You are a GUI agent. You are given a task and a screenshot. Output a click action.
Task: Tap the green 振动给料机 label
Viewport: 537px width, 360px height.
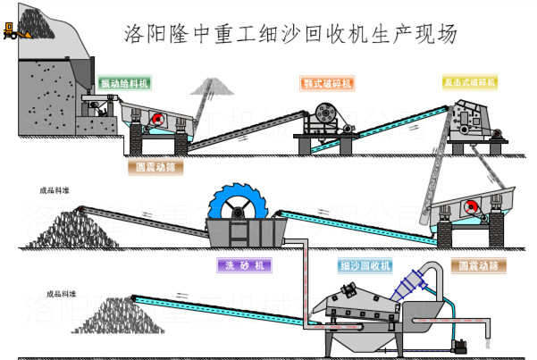point(124,82)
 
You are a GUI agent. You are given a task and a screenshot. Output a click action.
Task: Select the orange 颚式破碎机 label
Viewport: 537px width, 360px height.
point(327,82)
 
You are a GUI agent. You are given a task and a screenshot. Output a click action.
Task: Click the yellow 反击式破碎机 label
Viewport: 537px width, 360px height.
point(470,81)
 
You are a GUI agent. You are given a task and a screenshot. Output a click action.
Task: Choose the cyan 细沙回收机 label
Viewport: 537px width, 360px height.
point(365,265)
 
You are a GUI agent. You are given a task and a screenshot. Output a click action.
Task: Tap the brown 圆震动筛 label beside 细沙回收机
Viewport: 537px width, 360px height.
point(477,265)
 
